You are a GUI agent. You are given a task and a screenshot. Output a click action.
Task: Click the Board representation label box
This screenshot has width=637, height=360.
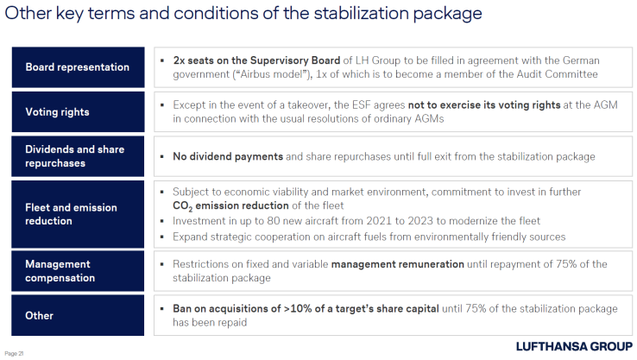tap(77, 67)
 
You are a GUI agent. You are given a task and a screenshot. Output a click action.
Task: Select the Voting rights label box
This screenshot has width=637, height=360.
tap(77, 112)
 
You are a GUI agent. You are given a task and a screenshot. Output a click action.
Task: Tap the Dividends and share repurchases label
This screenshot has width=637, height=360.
tap(77, 156)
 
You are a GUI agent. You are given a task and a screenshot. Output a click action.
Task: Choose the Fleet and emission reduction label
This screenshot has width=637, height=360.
tap(77, 214)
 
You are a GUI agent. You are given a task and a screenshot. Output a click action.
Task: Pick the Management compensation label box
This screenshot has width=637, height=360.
tap(77, 271)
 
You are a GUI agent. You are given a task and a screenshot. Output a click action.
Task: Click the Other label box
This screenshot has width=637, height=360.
tap(77, 315)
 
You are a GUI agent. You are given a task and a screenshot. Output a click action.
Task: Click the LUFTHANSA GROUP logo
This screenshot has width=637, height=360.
tap(573, 346)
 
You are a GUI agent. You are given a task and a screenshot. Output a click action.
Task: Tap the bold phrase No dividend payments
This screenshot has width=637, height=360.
tap(228, 157)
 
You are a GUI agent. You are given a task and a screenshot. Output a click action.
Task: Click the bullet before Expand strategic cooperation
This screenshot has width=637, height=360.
tap(163, 237)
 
